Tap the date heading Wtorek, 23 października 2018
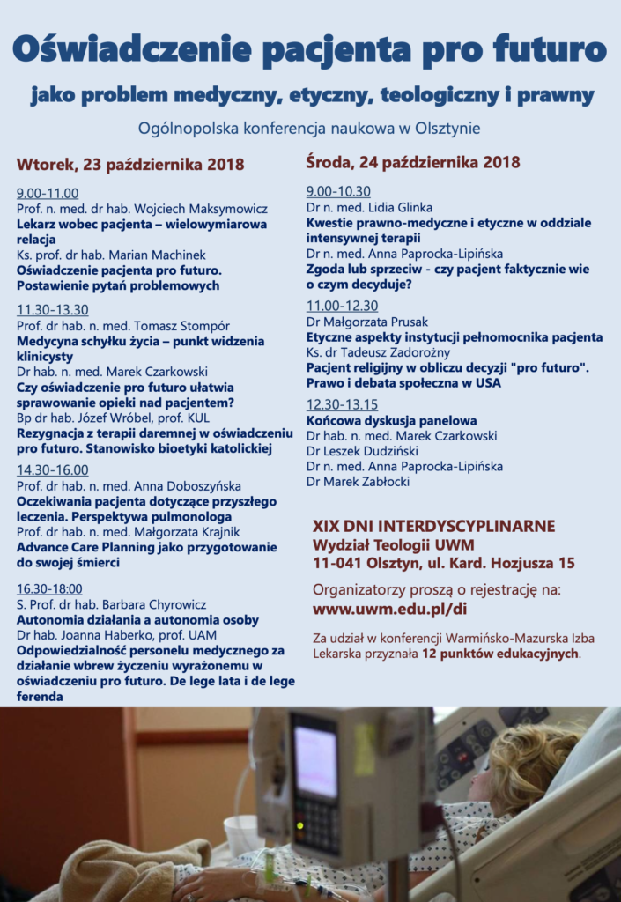130,165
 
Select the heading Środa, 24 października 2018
413,162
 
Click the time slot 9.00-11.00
48,194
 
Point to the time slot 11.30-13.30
53,309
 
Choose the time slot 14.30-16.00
53,470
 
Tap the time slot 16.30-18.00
49,588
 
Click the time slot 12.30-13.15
343,404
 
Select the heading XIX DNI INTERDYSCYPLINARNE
434,526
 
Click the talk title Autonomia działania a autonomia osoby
137,619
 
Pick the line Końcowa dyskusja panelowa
392,420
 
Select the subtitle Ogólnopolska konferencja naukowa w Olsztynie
308,128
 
